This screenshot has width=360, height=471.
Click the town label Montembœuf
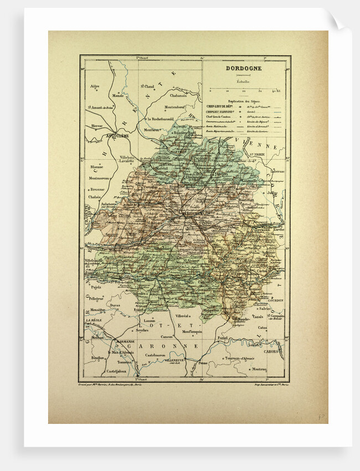(178, 106)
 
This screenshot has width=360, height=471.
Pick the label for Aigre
(94, 86)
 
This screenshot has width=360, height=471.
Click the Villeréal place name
(183, 315)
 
